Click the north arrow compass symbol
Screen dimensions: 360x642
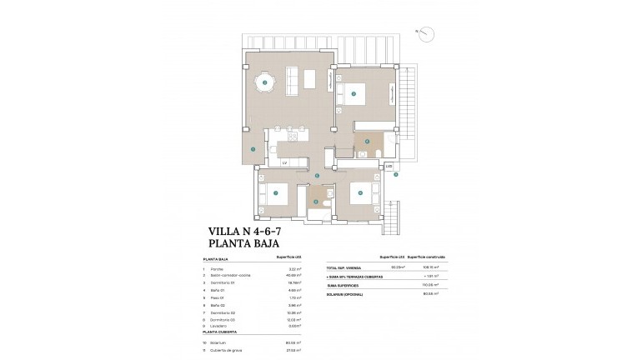coord(426,33)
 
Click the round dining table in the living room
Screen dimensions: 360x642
coord(265,82)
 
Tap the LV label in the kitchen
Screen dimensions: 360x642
coord(284,162)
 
